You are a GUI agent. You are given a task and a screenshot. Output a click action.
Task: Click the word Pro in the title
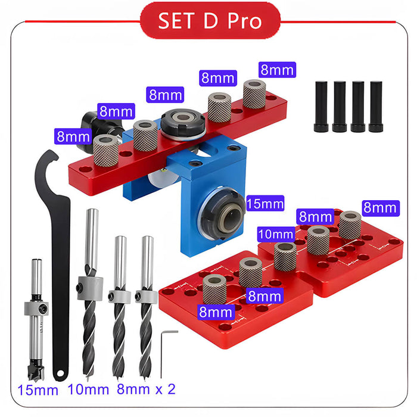[x=245, y=21]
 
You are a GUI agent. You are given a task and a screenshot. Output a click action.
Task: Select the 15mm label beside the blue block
[x=264, y=203]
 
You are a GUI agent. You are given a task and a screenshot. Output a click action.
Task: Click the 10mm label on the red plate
[x=276, y=234]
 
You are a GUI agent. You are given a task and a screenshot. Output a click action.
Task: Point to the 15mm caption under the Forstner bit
[x=38, y=390]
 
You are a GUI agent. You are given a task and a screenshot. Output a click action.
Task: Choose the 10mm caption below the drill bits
[x=89, y=390]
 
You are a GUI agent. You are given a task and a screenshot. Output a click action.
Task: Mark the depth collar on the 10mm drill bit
[x=90, y=288]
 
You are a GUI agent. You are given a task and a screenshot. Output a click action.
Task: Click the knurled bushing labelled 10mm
[x=285, y=255]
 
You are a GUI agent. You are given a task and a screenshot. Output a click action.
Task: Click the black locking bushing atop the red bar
[x=183, y=126]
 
